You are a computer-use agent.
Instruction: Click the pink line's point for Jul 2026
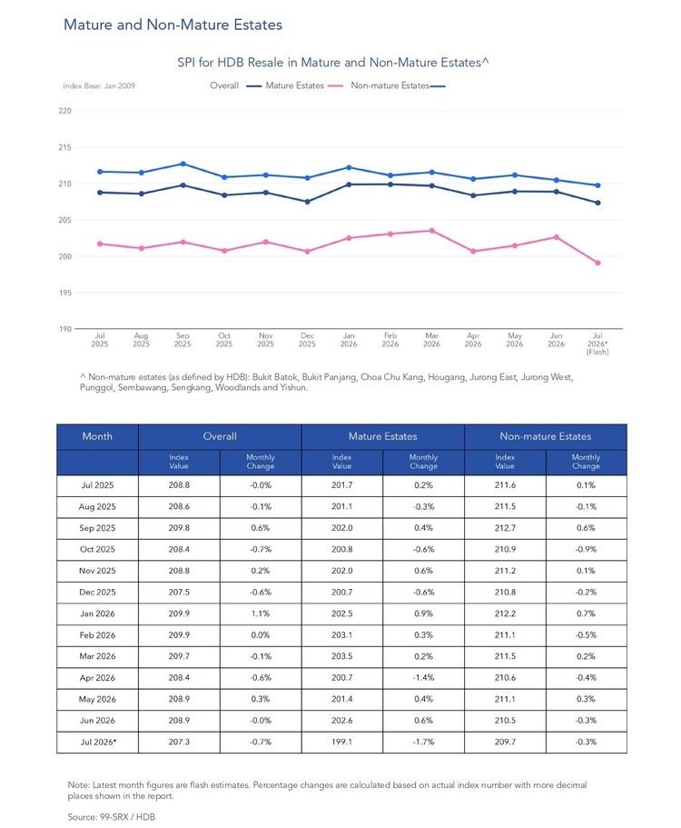(597, 263)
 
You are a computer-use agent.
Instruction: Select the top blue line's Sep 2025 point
(183, 164)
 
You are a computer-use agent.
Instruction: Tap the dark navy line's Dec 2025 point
(308, 202)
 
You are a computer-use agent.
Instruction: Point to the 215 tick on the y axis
(64, 147)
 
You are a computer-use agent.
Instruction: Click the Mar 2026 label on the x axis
(431, 340)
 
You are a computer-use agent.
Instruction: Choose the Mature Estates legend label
(294, 85)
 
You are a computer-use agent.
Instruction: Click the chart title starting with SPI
(333, 63)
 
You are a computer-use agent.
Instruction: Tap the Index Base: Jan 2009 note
(99, 85)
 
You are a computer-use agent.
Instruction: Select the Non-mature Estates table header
(546, 436)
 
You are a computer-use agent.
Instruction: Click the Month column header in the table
(97, 436)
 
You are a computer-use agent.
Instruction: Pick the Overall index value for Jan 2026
(179, 614)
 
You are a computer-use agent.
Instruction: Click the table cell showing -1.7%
(423, 742)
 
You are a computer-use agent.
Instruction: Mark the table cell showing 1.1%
(261, 614)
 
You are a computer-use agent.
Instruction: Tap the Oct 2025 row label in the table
(97, 549)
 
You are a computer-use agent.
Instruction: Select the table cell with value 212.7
(505, 528)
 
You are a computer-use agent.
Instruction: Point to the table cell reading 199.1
(341, 742)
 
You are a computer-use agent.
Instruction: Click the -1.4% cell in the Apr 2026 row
(423, 677)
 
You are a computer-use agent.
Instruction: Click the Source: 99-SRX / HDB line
(112, 817)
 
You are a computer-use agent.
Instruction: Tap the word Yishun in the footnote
(293, 387)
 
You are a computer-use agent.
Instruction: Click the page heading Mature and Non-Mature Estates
(173, 25)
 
